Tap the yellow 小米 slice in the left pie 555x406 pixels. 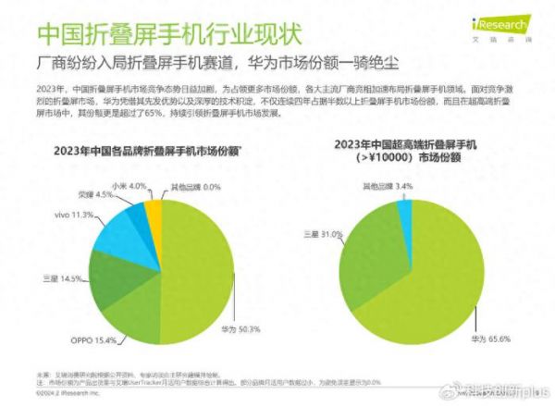pos(154,208)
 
